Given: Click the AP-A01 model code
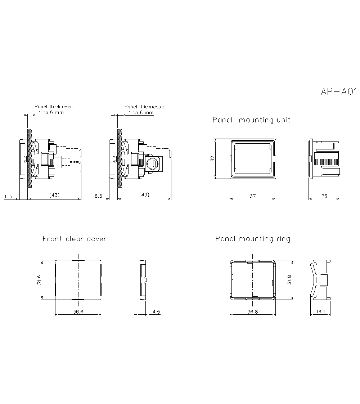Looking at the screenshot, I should (x=338, y=92).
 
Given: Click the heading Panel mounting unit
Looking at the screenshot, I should (x=251, y=120).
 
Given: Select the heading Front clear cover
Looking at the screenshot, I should (x=74, y=239).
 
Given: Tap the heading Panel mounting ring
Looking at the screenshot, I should (x=253, y=239).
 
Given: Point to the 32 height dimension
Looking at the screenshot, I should (x=212, y=158).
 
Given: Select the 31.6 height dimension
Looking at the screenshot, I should (x=39, y=280).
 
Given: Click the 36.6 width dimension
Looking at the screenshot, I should (x=78, y=312).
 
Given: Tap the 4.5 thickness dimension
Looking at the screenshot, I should (x=156, y=312).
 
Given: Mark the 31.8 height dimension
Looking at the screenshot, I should (x=289, y=280).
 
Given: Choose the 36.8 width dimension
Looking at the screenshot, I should (x=253, y=312).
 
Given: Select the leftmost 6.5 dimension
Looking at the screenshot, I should (x=9, y=196).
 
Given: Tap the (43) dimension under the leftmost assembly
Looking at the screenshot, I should (x=54, y=195).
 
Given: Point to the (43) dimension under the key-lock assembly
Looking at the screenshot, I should (x=144, y=195).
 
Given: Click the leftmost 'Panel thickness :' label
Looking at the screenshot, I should (x=54, y=107).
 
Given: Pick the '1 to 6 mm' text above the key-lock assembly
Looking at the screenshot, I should (x=141, y=112).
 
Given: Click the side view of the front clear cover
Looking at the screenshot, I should (x=143, y=280).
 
